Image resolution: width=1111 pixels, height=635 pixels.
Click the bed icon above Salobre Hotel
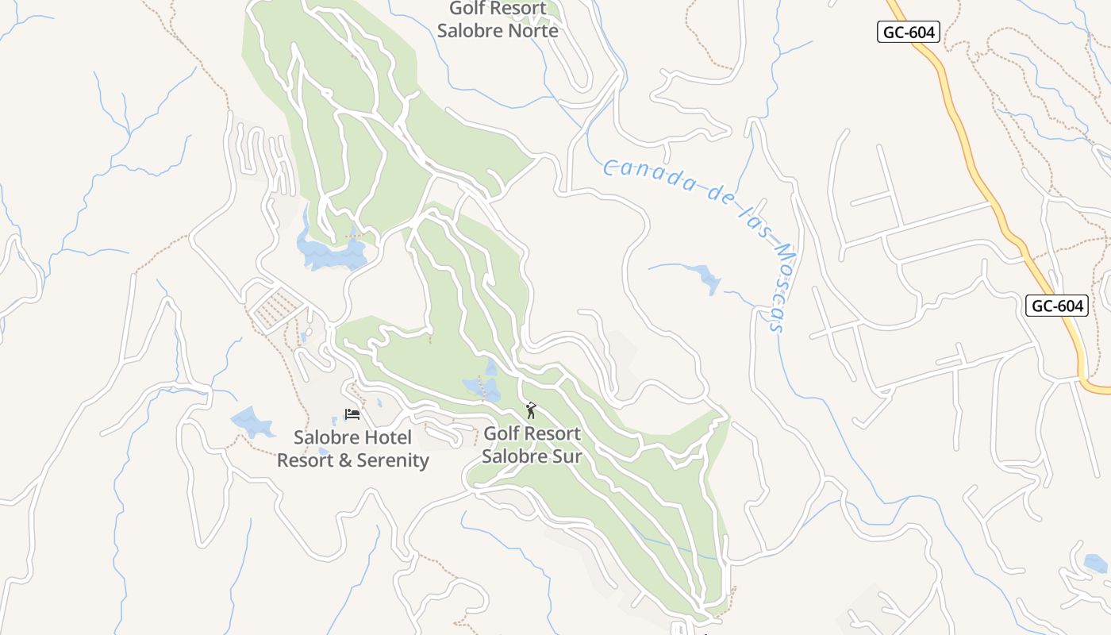pyautogui.click(x=352, y=414)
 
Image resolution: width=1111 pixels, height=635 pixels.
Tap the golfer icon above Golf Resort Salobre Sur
pyautogui.click(x=531, y=410)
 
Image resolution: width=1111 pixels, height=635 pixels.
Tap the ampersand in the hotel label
pyautogui.click(x=346, y=460)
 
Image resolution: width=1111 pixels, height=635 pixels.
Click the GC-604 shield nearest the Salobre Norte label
pyautogui.click(x=909, y=32)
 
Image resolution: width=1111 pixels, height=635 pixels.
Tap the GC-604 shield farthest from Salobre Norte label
pyautogui.click(x=1056, y=306)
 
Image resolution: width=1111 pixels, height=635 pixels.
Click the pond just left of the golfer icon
pyautogui.click(x=483, y=387)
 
